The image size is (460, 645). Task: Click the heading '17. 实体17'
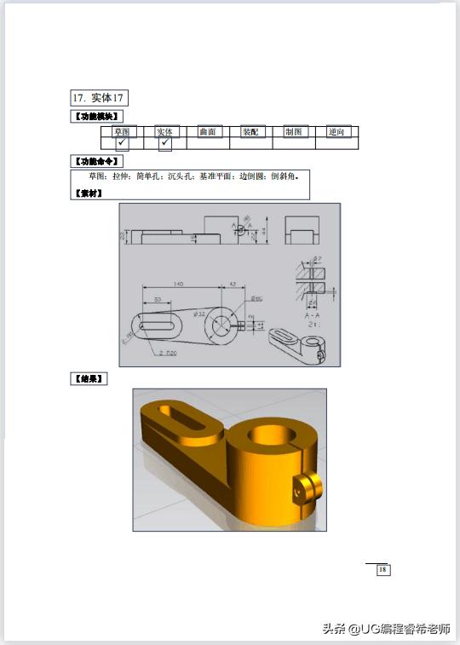pos(99,99)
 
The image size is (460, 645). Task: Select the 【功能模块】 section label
pos(96,117)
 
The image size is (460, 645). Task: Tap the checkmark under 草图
pos(123,142)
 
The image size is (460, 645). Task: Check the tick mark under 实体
pos(164,142)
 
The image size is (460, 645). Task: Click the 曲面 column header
pos(208,132)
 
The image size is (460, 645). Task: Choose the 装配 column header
pos(250,132)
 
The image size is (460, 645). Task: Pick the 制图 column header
pos(294,132)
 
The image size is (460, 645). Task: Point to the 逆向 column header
pos(337,132)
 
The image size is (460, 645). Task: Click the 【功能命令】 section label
pos(96,161)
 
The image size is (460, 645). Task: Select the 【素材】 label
pos(88,193)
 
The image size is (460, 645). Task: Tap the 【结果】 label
pos(88,379)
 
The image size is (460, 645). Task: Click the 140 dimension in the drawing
pos(177,284)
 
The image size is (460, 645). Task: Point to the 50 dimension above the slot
pos(158,300)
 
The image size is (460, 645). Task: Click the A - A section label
pos(312,315)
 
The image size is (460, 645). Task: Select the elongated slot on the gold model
pos(187,420)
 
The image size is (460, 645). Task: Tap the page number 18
pos(382,569)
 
